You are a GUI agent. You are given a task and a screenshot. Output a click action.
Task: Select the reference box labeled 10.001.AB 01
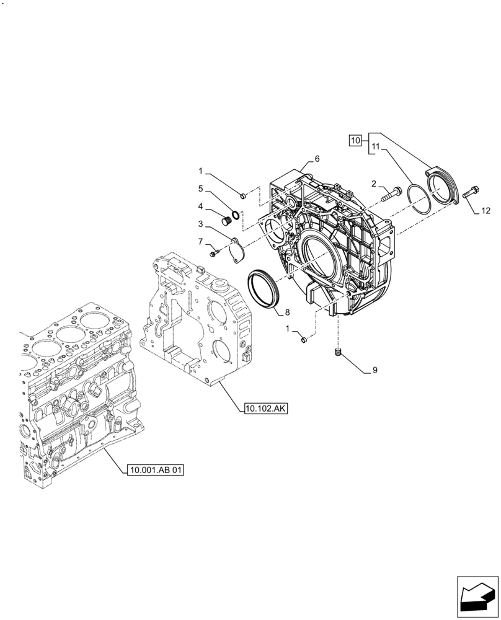pyautogui.click(x=157, y=471)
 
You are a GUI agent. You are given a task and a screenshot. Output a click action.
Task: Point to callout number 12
pyautogui.click(x=485, y=211)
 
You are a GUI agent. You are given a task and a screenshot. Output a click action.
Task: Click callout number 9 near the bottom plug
pyautogui.click(x=375, y=371)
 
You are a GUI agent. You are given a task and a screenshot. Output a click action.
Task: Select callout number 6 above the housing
pyautogui.click(x=317, y=159)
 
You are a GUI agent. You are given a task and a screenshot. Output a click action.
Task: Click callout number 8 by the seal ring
pyautogui.click(x=286, y=312)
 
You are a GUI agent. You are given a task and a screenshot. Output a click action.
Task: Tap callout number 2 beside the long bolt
pyautogui.click(x=374, y=183)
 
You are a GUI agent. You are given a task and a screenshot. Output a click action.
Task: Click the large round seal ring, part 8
pyautogui.click(x=264, y=288)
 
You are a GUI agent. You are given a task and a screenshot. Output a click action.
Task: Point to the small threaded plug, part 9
pyautogui.click(x=339, y=353)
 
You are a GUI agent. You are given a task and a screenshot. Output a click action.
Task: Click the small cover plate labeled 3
pyautogui.click(x=236, y=251)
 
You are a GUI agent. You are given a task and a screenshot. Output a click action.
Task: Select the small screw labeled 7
pyautogui.click(x=215, y=252)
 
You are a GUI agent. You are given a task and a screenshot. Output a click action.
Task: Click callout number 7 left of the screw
pyautogui.click(x=201, y=241)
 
